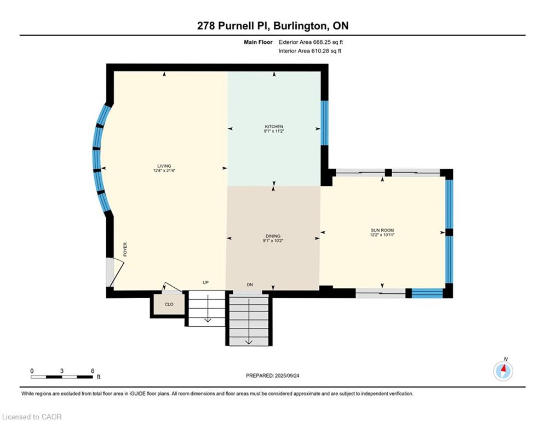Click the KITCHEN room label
(273, 127)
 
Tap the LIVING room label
(164, 166)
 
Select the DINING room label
(273, 236)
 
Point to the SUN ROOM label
(382, 230)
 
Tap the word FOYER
(125, 250)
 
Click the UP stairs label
(206, 283)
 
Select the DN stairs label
(250, 285)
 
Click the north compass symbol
(503, 371)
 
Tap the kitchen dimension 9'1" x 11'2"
(273, 132)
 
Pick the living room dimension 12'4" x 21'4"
(164, 171)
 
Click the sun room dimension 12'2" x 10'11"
(382, 235)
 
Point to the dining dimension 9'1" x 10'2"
(273, 241)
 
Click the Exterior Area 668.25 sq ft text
(311, 42)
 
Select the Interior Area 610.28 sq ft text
(309, 51)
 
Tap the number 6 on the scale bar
(93, 371)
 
